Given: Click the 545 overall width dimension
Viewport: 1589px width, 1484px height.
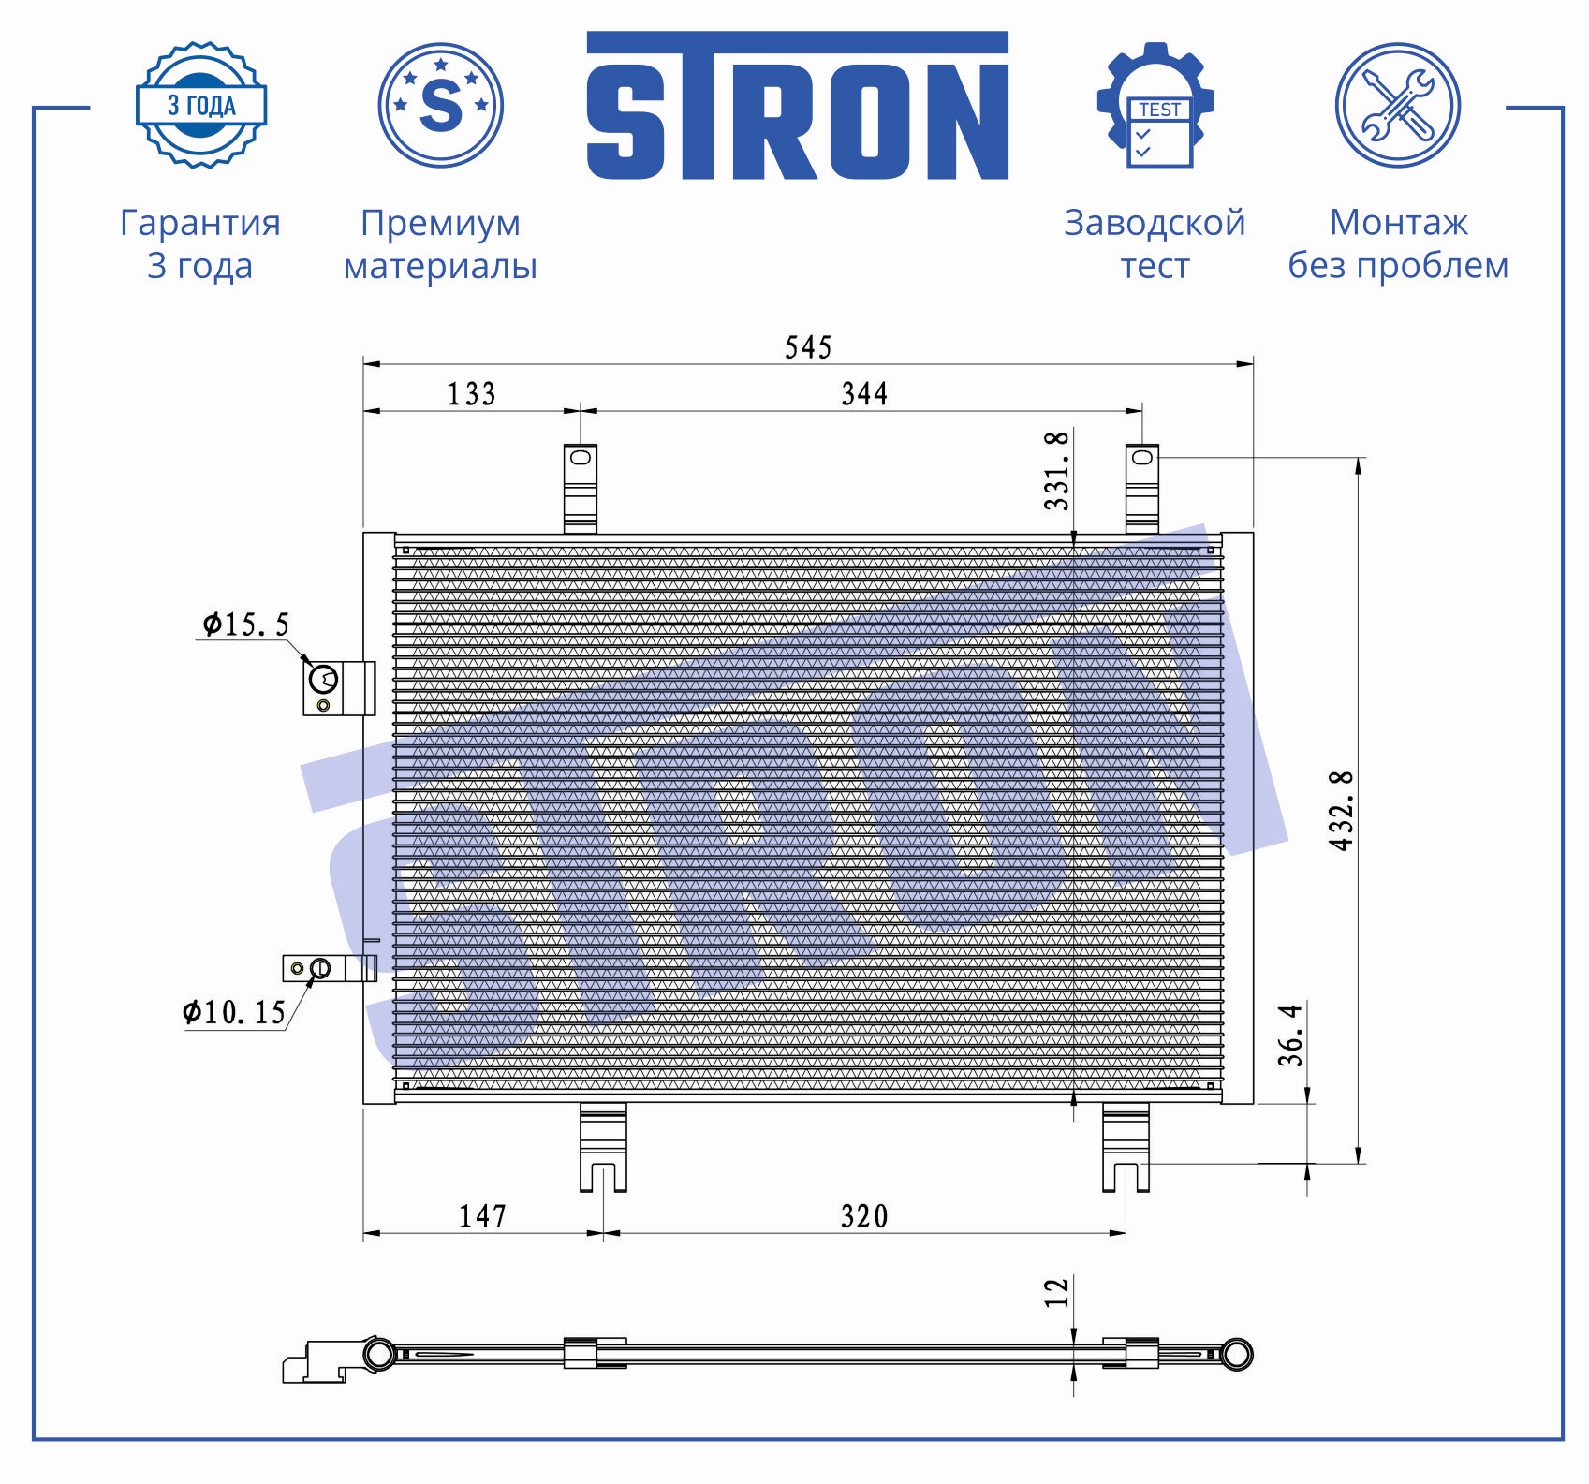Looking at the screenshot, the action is coord(808,347).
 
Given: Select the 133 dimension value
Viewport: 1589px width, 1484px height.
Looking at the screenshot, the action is coord(471,394).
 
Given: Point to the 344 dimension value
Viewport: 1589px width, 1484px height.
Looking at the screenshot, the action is coord(864,394).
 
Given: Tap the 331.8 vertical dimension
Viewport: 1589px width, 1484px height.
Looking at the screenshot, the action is coord(1056,471).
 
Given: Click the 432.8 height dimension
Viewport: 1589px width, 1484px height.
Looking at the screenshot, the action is coord(1341,811).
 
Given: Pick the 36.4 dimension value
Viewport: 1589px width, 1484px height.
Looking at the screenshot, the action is coord(1290,1036).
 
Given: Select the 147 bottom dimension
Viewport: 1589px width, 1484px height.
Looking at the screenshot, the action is coord(482,1216).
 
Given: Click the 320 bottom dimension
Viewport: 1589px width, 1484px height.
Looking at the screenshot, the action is coord(864,1216).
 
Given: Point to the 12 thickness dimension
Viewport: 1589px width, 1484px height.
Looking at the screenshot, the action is coord(1056,1293).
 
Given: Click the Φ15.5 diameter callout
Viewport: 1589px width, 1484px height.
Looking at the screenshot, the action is coord(246,624).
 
